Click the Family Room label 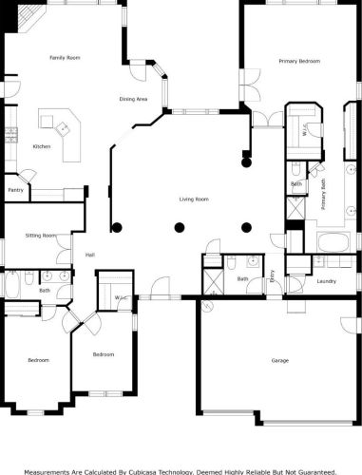pyautogui.click(x=65, y=58)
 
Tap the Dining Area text pyautogui.click(x=133, y=99)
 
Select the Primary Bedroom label pyautogui.click(x=299, y=61)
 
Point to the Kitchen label pyautogui.click(x=42, y=146)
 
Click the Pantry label pyautogui.click(x=15, y=190)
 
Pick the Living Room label pyautogui.click(x=194, y=199)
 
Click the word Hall pyautogui.click(x=90, y=255)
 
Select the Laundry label pyautogui.click(x=327, y=281)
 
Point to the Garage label pyautogui.click(x=279, y=360)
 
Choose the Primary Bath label pyautogui.click(x=323, y=197)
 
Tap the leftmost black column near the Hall pyautogui.click(x=117, y=227)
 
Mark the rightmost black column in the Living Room pyautogui.click(x=247, y=227)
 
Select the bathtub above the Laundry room pyautogui.click(x=333, y=242)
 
